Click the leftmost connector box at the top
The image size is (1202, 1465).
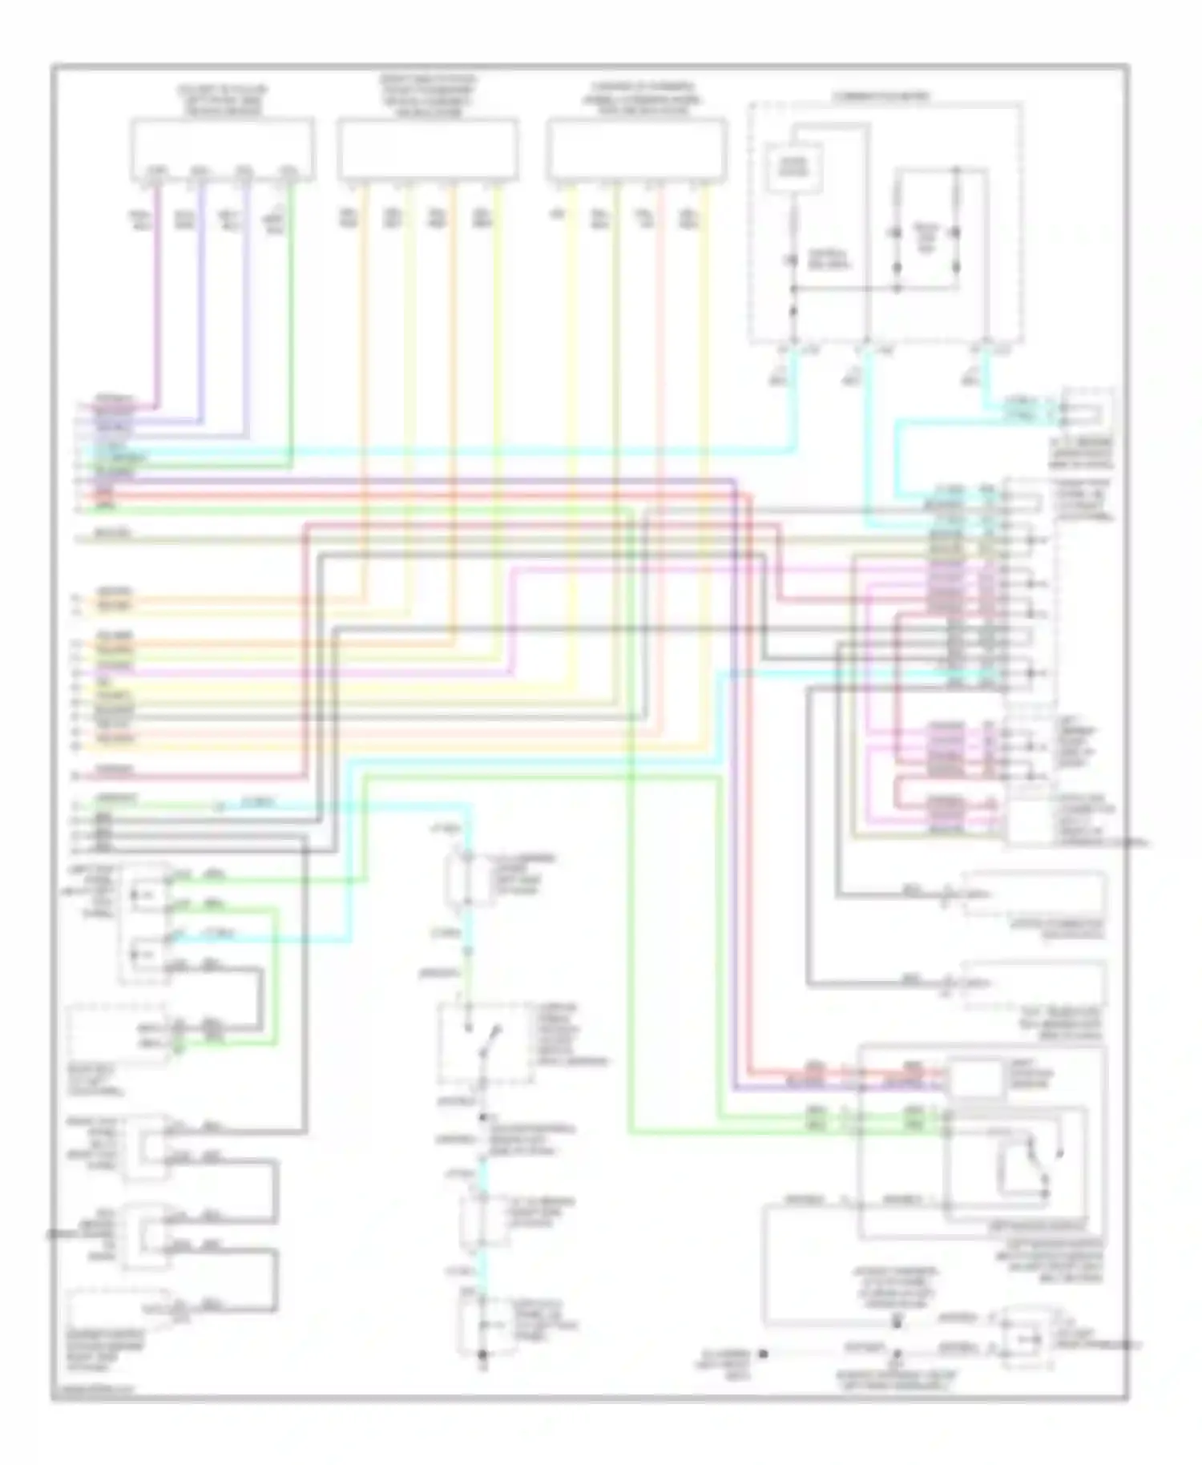tap(223, 149)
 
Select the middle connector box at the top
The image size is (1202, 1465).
tap(427, 149)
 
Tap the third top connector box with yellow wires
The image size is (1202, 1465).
tap(637, 149)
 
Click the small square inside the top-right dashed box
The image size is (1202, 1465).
tap(795, 168)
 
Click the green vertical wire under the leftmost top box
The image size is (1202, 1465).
tap(292, 321)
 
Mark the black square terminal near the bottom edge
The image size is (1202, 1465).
tap(764, 1354)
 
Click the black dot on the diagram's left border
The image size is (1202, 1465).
tap(51, 1233)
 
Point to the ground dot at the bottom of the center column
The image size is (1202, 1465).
tap(482, 1354)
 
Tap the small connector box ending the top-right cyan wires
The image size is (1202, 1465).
tap(1087, 411)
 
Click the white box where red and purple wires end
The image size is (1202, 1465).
tap(975, 1078)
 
